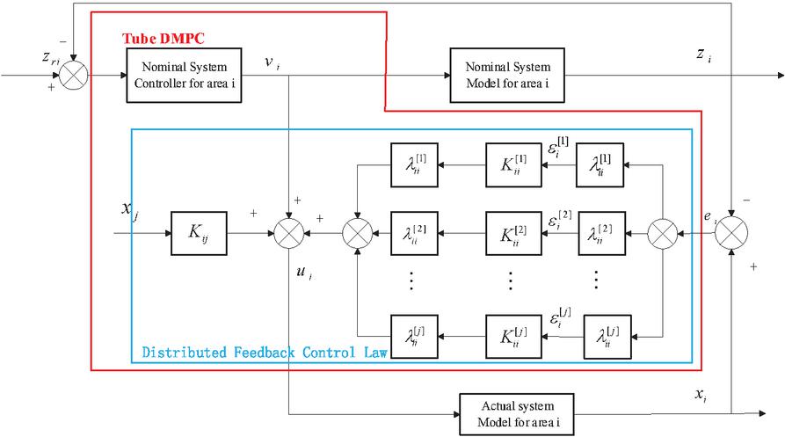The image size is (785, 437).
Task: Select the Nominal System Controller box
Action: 184,75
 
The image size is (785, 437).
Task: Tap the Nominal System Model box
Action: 507,75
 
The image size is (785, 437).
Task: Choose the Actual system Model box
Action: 518,412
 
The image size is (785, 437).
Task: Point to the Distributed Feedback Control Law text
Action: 264,353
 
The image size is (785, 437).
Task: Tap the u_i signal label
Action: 303,275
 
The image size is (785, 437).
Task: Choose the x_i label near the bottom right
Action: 701,396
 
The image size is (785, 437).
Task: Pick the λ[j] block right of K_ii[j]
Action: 607,335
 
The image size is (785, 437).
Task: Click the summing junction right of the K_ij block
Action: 289,234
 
